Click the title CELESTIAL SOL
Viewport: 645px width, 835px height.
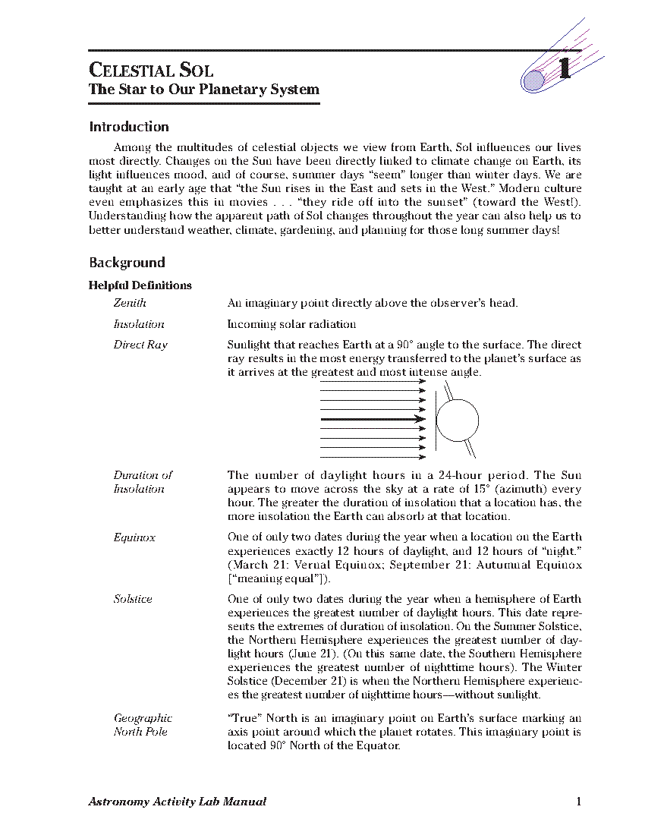pos(151,71)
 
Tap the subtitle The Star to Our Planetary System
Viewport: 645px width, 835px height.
pos(204,90)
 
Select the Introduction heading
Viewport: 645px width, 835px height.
pos(129,127)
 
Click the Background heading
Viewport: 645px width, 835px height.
pos(127,263)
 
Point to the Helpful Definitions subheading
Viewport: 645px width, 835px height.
pos(140,285)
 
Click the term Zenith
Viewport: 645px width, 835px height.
pos(130,303)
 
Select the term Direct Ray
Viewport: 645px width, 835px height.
pos(140,345)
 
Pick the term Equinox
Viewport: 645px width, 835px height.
pos(134,537)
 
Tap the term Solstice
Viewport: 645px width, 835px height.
pos(133,599)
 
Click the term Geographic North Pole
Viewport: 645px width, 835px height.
pos(143,725)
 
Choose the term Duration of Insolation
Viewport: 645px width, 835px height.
pos(143,482)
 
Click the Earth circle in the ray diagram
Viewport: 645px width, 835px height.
pos(458,421)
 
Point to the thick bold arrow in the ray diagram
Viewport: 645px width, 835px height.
pos(373,418)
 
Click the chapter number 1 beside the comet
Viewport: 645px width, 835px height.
pos(564,70)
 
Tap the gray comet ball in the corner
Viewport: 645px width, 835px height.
pos(534,79)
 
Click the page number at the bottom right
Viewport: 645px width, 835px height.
pos(578,802)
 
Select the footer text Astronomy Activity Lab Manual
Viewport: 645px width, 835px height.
pos(178,802)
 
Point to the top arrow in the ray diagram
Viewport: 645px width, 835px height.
pos(373,381)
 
